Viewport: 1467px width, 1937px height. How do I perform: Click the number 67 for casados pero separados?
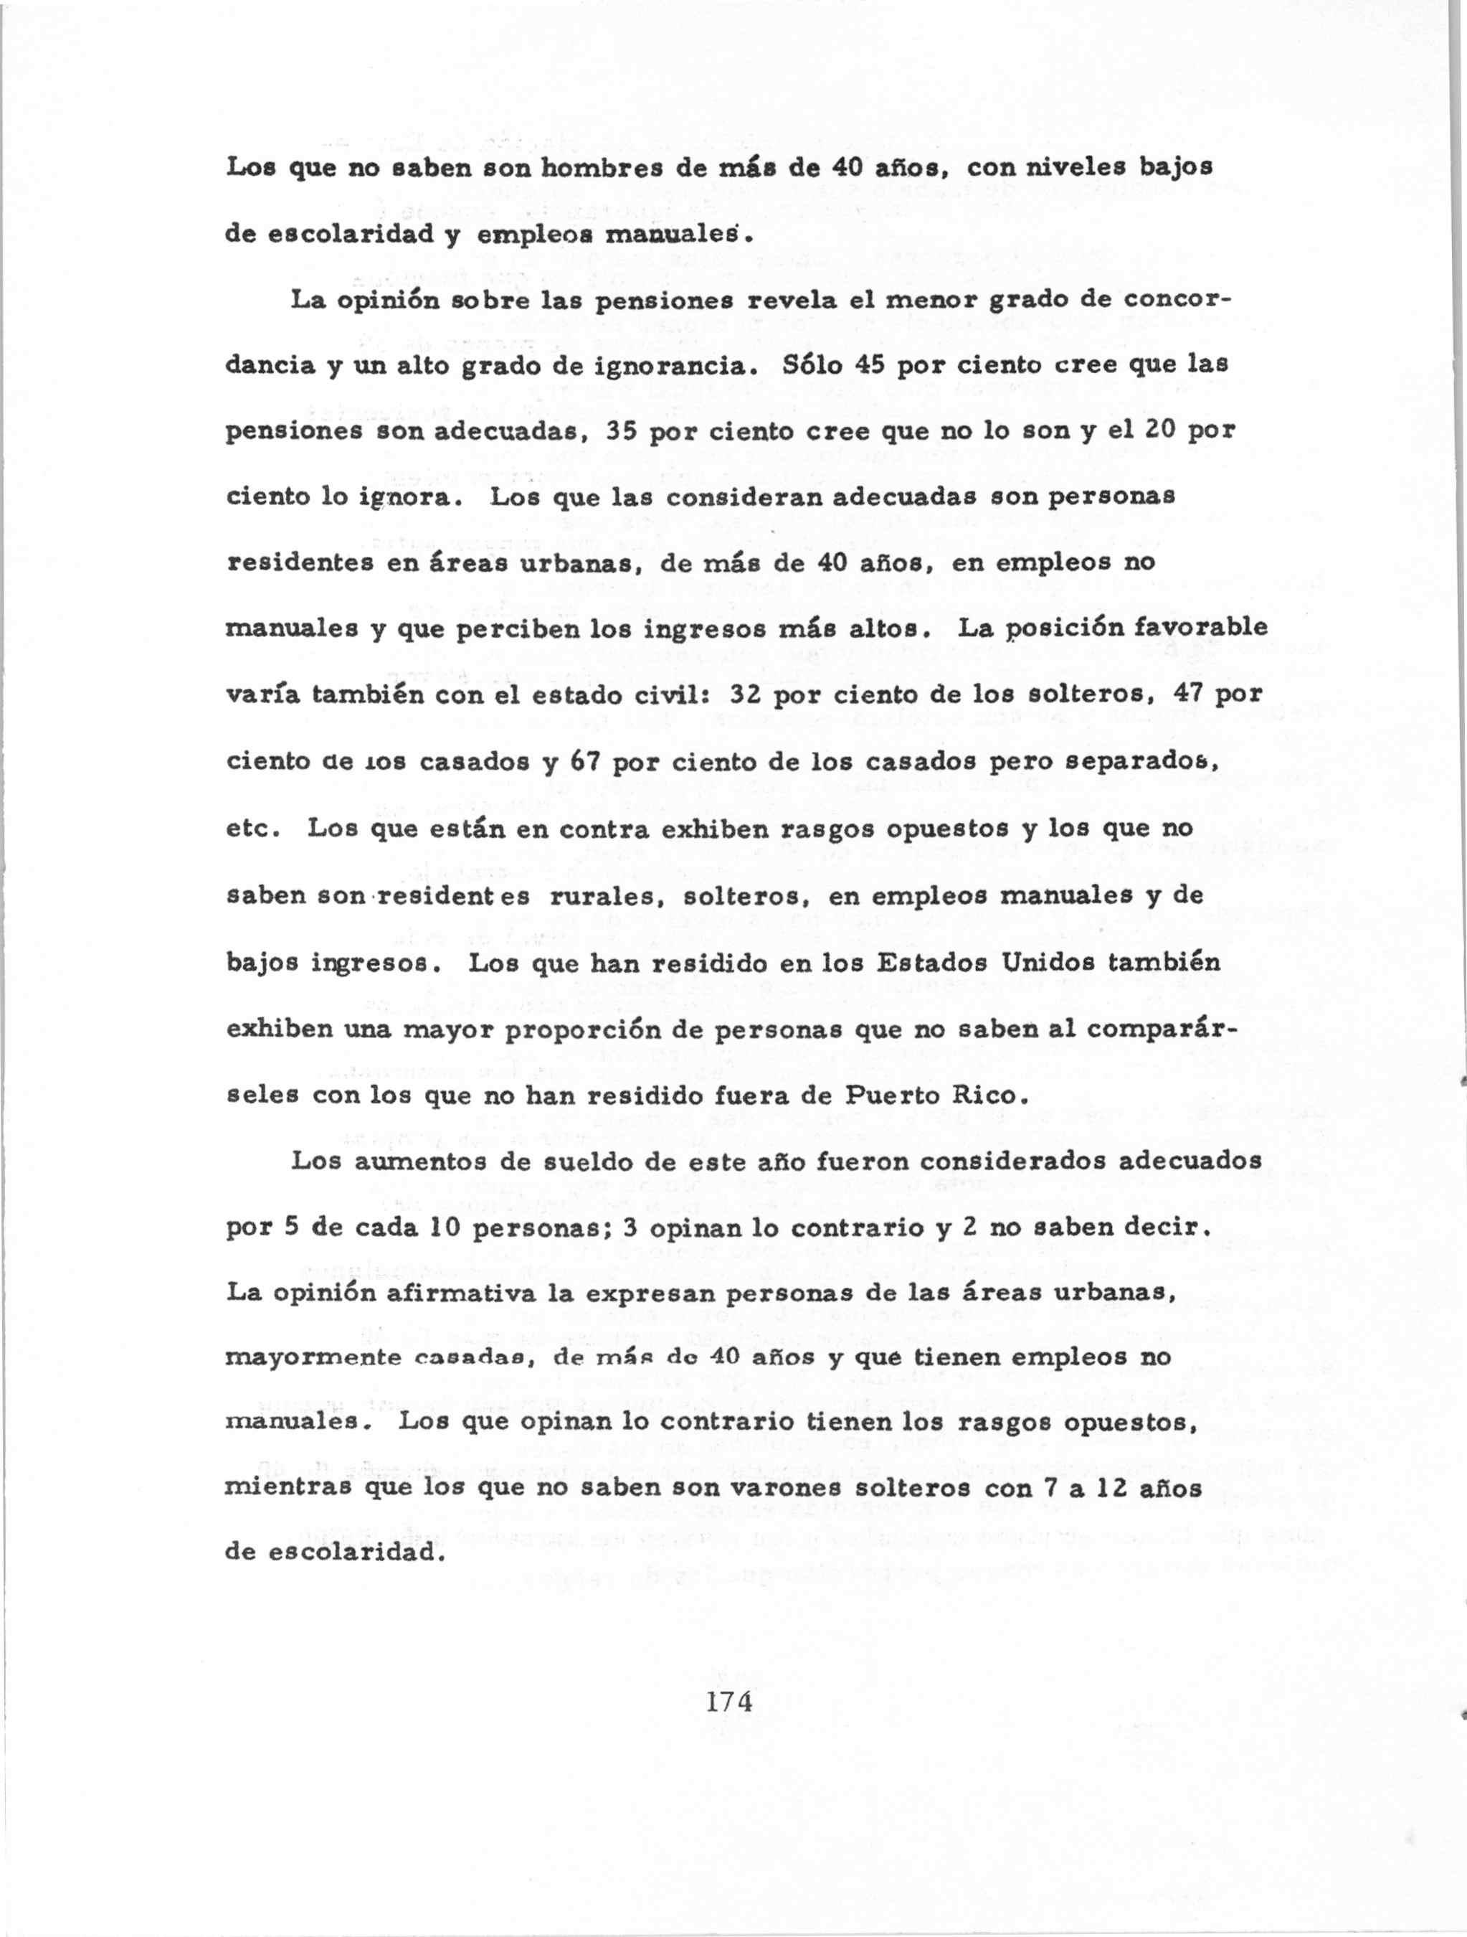(583, 761)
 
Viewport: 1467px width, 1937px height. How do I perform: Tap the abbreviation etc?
(252, 829)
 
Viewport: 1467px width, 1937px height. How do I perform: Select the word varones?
(780, 1491)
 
